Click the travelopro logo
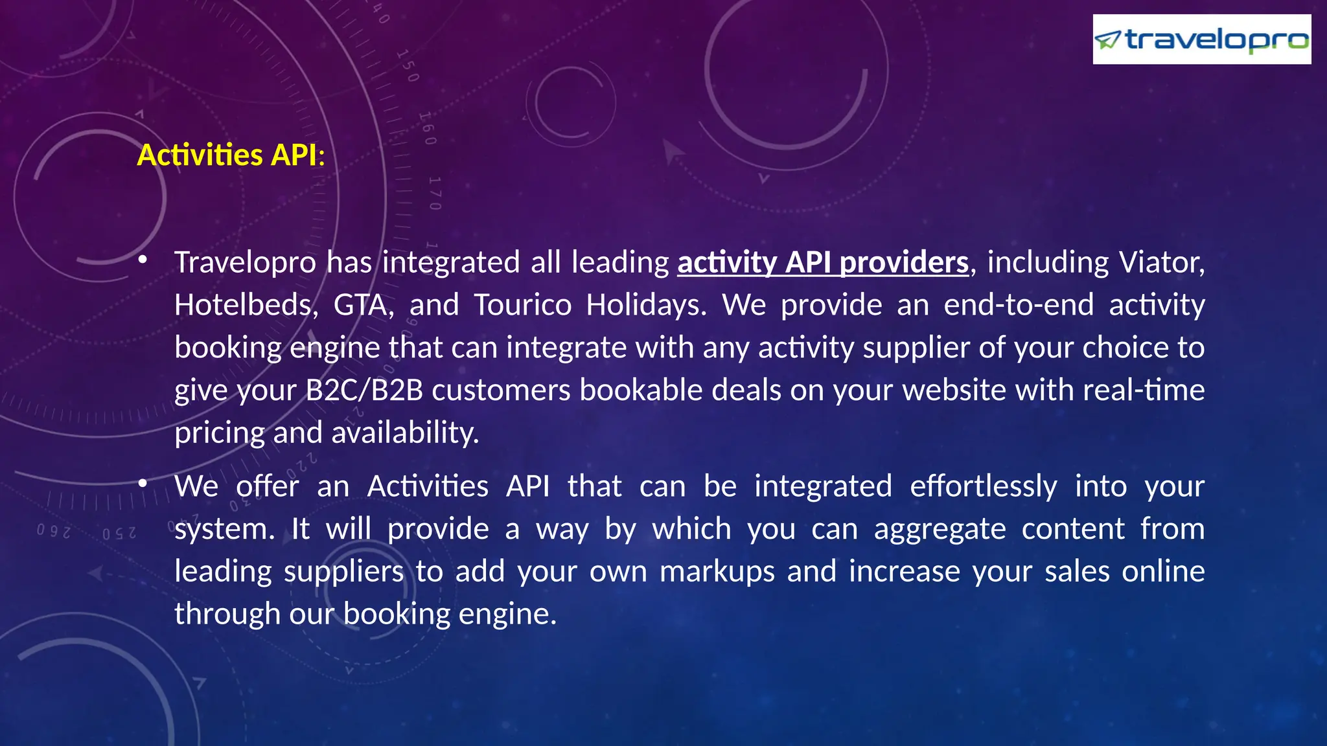(1201, 40)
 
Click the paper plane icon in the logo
(1107, 41)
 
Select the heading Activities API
(230, 155)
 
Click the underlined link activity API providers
(823, 263)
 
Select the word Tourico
(522, 305)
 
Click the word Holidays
(646, 305)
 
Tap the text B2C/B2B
(364, 390)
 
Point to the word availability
(405, 433)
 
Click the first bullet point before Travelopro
(143, 261)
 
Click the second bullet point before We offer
(143, 484)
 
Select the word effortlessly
(983, 486)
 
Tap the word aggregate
(940, 529)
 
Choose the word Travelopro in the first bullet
(245, 263)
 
